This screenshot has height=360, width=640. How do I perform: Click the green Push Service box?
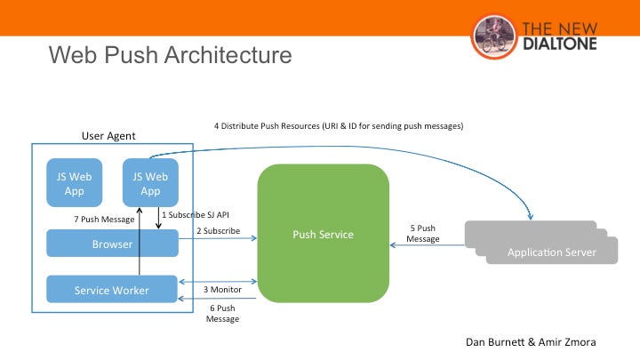point(324,234)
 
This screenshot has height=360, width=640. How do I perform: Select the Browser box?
point(112,244)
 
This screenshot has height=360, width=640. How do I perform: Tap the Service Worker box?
point(112,290)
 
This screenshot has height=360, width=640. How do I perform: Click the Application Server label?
point(550,252)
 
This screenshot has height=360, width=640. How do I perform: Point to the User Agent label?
point(108,135)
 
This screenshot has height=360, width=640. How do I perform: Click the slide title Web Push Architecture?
point(169,55)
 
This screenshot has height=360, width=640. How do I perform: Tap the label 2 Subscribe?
point(219,231)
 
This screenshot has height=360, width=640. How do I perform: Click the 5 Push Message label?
point(423,233)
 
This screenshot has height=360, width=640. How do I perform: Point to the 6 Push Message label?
point(222,312)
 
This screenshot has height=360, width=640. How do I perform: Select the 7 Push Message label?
point(104,219)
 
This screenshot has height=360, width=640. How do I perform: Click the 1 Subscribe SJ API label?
point(196,213)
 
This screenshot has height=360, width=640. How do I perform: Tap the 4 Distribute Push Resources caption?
point(339,126)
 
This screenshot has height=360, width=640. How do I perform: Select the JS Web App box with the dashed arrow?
point(150,183)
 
